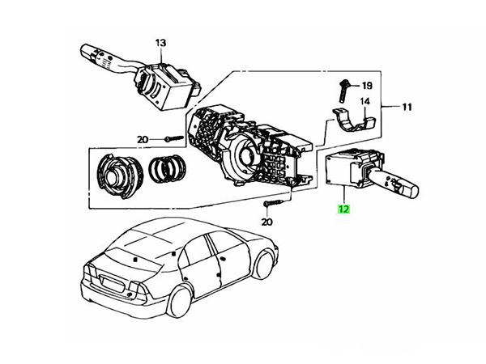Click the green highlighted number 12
pyautogui.click(x=344, y=209)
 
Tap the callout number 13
pyautogui.click(x=161, y=43)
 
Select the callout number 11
pyautogui.click(x=407, y=107)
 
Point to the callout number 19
pyautogui.click(x=367, y=85)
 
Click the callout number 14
pyautogui.click(x=364, y=101)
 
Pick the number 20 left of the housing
pyautogui.click(x=143, y=140)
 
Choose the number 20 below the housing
pyautogui.click(x=266, y=222)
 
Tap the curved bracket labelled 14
pyautogui.click(x=353, y=121)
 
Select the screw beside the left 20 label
pyautogui.click(x=174, y=138)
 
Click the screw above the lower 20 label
pyautogui.click(x=273, y=203)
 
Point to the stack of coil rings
pyautogui.click(x=168, y=169)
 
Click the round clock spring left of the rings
pyautogui.click(x=120, y=176)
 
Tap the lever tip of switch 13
pyautogui.click(x=87, y=51)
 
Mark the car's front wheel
pyautogui.click(x=262, y=264)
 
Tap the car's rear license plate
pyautogui.click(x=112, y=284)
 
